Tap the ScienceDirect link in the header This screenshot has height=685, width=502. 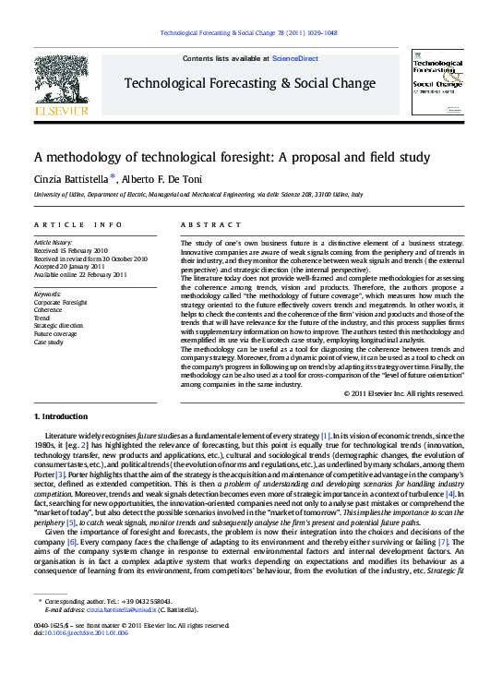pyautogui.click(x=294, y=58)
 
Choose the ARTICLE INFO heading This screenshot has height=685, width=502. pyautogui.click(x=78, y=224)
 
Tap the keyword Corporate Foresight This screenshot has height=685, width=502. pyautogui.click(x=60, y=302)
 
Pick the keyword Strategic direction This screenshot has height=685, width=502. pyautogui.click(x=58, y=326)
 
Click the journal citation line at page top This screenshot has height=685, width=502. pyautogui.click(x=248, y=33)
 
